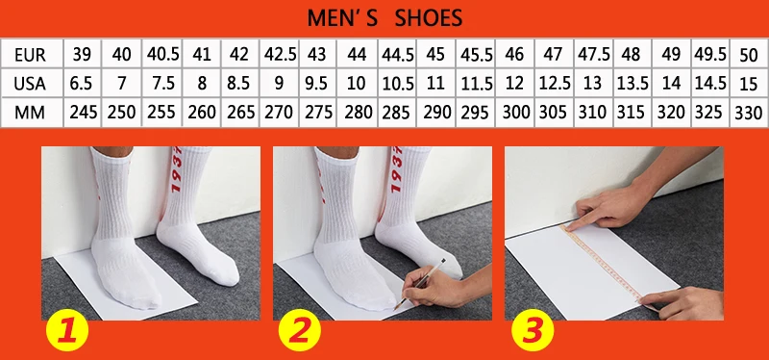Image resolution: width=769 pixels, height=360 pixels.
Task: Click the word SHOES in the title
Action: tap(429, 18)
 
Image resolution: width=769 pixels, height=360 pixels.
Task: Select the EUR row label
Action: tap(31, 55)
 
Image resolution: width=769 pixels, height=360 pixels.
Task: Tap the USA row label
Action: tap(30, 84)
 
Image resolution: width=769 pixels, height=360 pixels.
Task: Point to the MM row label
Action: tap(30, 113)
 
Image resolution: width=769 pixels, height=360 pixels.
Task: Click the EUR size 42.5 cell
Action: tap(280, 54)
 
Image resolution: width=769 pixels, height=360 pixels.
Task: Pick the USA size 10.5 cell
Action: tap(397, 84)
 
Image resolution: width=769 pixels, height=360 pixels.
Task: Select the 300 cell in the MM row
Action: tap(515, 113)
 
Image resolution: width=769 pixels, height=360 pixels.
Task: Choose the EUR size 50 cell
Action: tap(749, 55)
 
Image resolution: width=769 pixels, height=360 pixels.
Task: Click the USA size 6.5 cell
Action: tap(82, 84)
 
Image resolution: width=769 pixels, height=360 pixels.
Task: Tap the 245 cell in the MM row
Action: tap(82, 113)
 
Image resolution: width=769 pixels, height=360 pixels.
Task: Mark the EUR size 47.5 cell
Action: tap(593, 54)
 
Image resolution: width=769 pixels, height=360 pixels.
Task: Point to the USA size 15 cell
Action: tap(749, 84)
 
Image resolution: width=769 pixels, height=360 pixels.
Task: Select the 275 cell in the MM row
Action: tap(318, 113)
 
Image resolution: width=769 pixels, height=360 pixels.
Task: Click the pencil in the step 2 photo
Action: tap(420, 284)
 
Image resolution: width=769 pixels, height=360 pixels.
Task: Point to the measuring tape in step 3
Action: tap(608, 267)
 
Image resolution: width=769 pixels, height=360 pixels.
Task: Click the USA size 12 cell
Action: tap(515, 84)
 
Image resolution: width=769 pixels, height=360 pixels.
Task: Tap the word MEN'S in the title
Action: tap(343, 18)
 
